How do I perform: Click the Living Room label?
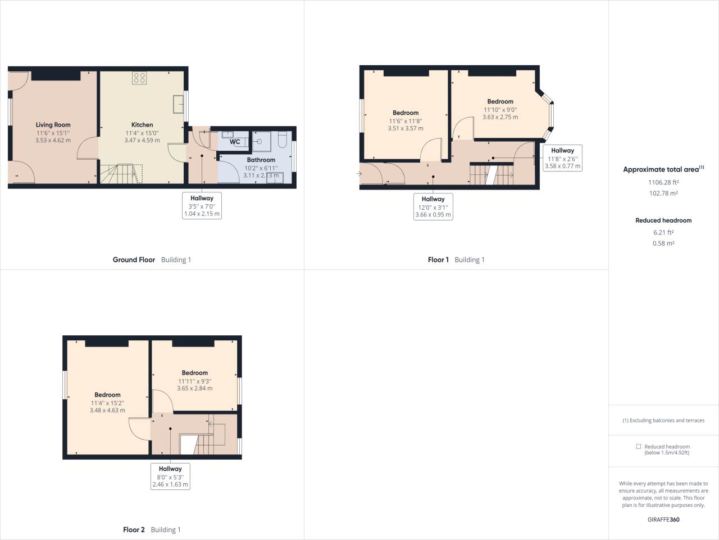pos(53,125)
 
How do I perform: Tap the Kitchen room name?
pos(142,125)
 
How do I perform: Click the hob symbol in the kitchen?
pos(139,78)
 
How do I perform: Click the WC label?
pos(235,142)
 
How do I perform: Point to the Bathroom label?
pos(261,160)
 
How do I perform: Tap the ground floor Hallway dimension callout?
pos(202,205)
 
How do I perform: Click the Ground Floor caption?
pos(134,260)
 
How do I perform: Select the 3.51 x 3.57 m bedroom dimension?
pos(406,128)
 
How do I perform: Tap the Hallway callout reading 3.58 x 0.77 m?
pos(562,158)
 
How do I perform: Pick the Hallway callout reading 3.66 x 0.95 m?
pos(433,206)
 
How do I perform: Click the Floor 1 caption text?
pos(438,260)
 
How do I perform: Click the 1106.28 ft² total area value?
pos(663,182)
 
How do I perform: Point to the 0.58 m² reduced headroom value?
pos(663,244)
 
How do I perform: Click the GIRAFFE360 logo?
pos(663,519)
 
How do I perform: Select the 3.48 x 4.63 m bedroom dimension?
pos(107,411)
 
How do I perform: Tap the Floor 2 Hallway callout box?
pos(170,476)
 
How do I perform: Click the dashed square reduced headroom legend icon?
pos(638,447)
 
